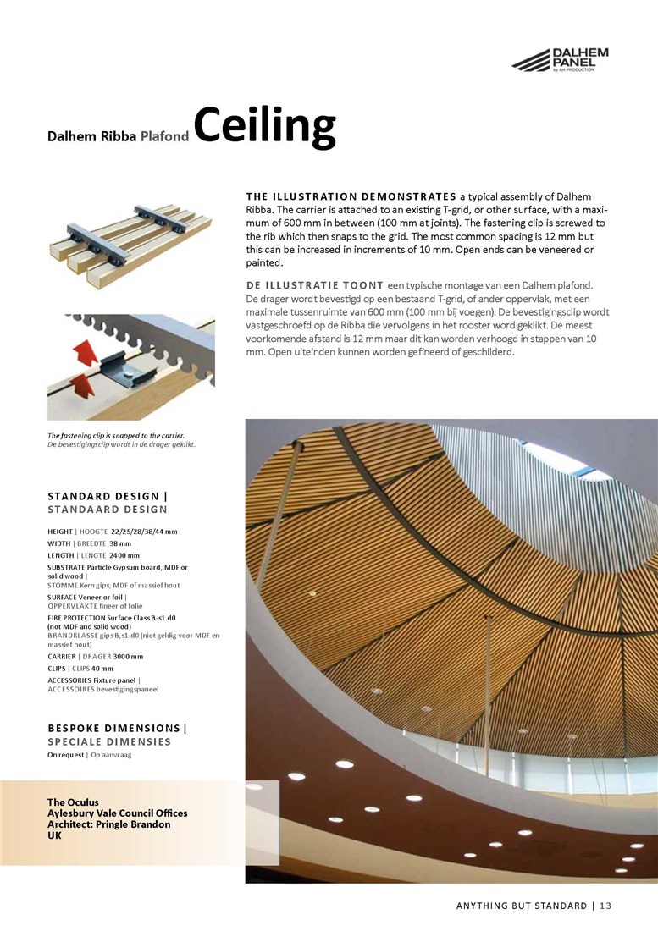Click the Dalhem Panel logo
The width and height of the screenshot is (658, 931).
[x=560, y=60]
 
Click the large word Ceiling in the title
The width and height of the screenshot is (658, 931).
[x=264, y=126]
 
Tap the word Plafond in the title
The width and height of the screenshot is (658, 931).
[x=164, y=135]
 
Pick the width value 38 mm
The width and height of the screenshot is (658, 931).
[x=120, y=543]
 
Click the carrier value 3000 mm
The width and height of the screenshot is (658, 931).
[x=126, y=656]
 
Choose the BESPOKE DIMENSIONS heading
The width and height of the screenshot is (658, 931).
[x=117, y=728]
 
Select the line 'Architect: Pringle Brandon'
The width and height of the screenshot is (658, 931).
[x=108, y=824]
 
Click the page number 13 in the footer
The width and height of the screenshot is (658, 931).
[x=605, y=906]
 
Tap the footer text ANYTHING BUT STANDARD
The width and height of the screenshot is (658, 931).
[x=521, y=906]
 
